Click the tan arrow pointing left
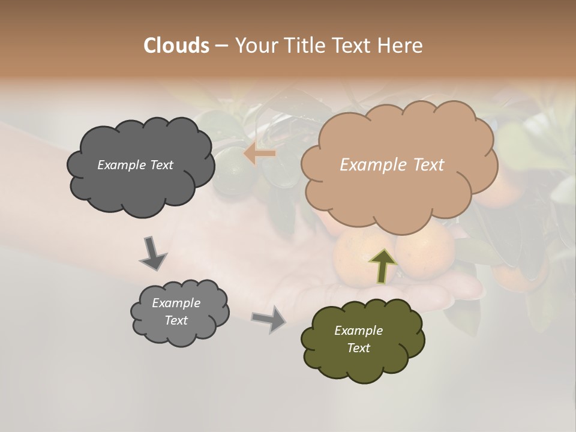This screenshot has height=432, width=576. point(260,154)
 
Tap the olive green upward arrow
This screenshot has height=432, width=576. point(383,265)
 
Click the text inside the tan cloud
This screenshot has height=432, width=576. point(392,164)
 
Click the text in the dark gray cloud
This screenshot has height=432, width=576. point(135,165)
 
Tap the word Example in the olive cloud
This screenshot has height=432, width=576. point(358,331)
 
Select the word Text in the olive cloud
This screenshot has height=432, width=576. point(358,348)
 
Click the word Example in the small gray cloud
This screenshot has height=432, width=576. point(176,303)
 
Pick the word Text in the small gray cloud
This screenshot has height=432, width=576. point(176,320)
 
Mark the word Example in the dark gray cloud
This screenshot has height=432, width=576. point(121,165)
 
